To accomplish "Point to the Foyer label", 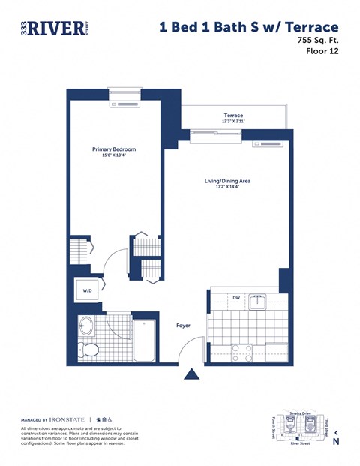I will pyautogui.click(x=183, y=326).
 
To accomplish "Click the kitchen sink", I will pyautogui.click(x=258, y=302).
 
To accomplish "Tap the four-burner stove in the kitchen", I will pyautogui.click(x=242, y=351).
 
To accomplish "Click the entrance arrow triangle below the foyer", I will pyautogui.click(x=193, y=374).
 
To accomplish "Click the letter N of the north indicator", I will pyautogui.click(x=335, y=441).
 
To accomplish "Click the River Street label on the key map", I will pyautogui.click(x=300, y=443).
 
